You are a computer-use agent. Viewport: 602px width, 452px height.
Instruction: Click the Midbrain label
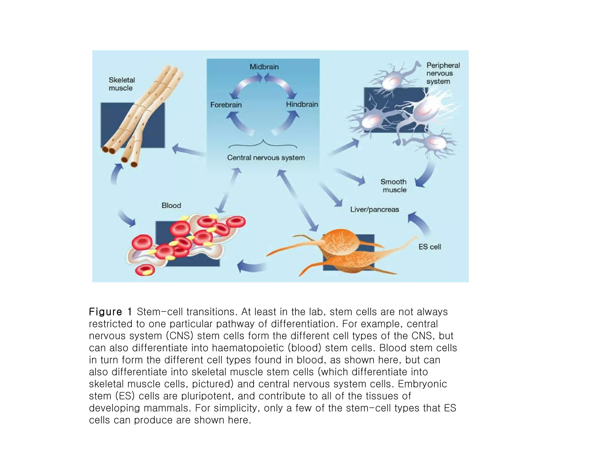click(x=264, y=67)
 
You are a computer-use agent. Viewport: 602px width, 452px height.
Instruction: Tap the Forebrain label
click(x=226, y=105)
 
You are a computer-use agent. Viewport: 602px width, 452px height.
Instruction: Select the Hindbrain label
click(x=302, y=104)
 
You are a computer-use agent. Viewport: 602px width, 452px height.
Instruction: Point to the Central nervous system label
click(x=266, y=158)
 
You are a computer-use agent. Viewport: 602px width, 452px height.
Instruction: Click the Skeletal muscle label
click(x=121, y=84)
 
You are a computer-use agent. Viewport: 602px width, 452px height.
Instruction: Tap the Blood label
click(x=171, y=205)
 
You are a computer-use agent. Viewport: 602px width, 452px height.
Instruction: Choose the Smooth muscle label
click(x=394, y=186)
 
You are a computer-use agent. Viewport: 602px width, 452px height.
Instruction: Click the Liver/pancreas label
click(x=374, y=210)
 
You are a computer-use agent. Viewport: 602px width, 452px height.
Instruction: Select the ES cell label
click(x=429, y=247)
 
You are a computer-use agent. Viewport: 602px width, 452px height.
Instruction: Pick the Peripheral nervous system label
click(x=442, y=73)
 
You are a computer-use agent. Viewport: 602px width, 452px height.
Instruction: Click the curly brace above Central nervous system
click(x=262, y=144)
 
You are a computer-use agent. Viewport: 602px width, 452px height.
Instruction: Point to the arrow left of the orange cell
click(x=250, y=266)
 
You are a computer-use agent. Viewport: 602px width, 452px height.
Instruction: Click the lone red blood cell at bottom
click(x=145, y=270)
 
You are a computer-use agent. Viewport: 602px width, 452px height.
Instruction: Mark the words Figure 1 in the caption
click(x=110, y=312)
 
